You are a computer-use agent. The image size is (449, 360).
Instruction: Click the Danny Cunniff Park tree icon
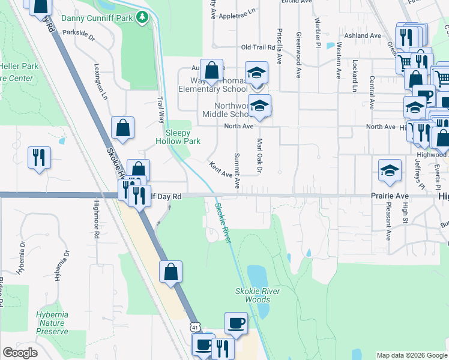pos(142,17)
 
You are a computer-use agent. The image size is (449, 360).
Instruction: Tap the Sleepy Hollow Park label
pos(178,137)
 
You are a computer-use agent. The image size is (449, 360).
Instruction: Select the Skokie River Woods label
pos(258,295)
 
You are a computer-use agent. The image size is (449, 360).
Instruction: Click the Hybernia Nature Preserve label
pos(52,323)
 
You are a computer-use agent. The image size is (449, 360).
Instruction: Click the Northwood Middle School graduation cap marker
pos(259,106)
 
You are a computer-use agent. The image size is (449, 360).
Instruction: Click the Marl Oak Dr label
pos(260,157)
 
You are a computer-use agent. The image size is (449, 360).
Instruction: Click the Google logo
pos(20,353)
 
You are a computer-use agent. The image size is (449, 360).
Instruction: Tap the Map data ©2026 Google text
pos(411,355)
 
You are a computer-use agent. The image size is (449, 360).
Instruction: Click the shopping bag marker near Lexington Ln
pos(122,127)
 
